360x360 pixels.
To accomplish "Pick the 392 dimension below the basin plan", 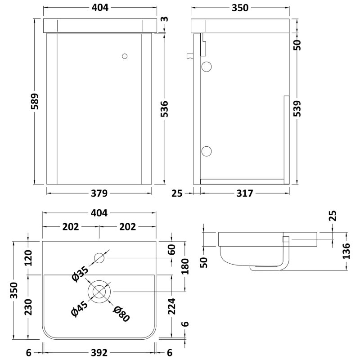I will pyautogui.click(x=99, y=354).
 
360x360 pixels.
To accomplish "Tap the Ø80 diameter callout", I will pyautogui.click(x=121, y=313).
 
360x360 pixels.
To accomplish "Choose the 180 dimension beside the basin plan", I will pyautogui.click(x=184, y=266).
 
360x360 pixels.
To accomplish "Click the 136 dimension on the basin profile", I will pyautogui.click(x=346, y=251).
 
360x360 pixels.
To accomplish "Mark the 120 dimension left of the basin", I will pyautogui.click(x=28, y=259).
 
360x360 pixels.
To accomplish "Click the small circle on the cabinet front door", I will pyautogui.click(x=125, y=56).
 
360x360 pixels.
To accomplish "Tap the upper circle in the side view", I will pyautogui.click(x=207, y=67).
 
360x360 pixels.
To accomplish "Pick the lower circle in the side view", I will pyautogui.click(x=207, y=151).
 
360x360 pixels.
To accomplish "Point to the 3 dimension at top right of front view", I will pyautogui.click(x=165, y=19).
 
